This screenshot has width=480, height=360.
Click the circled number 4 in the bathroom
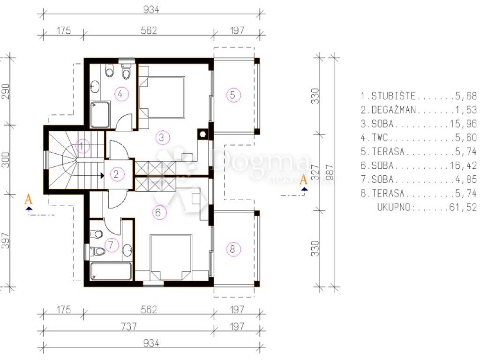(x=120, y=94)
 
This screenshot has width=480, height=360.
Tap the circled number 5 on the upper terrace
(x=233, y=95)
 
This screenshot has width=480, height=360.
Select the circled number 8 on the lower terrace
(x=232, y=249)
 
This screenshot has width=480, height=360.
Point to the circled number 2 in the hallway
(x=116, y=174)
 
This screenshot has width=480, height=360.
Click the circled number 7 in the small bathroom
(x=111, y=245)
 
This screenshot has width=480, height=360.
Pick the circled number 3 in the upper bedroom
(x=162, y=137)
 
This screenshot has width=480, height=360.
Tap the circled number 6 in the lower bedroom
(x=158, y=212)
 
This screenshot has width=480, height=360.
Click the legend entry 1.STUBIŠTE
(x=388, y=96)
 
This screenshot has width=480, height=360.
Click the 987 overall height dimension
(x=330, y=173)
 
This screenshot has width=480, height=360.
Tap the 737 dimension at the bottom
(x=128, y=326)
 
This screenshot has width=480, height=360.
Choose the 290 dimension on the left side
(x=6, y=91)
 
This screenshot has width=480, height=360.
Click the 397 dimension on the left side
(x=6, y=241)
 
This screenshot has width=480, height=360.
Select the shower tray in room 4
(x=100, y=114)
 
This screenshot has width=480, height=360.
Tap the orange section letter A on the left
(x=29, y=199)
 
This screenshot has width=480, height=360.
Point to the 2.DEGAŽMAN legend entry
(x=388, y=110)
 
